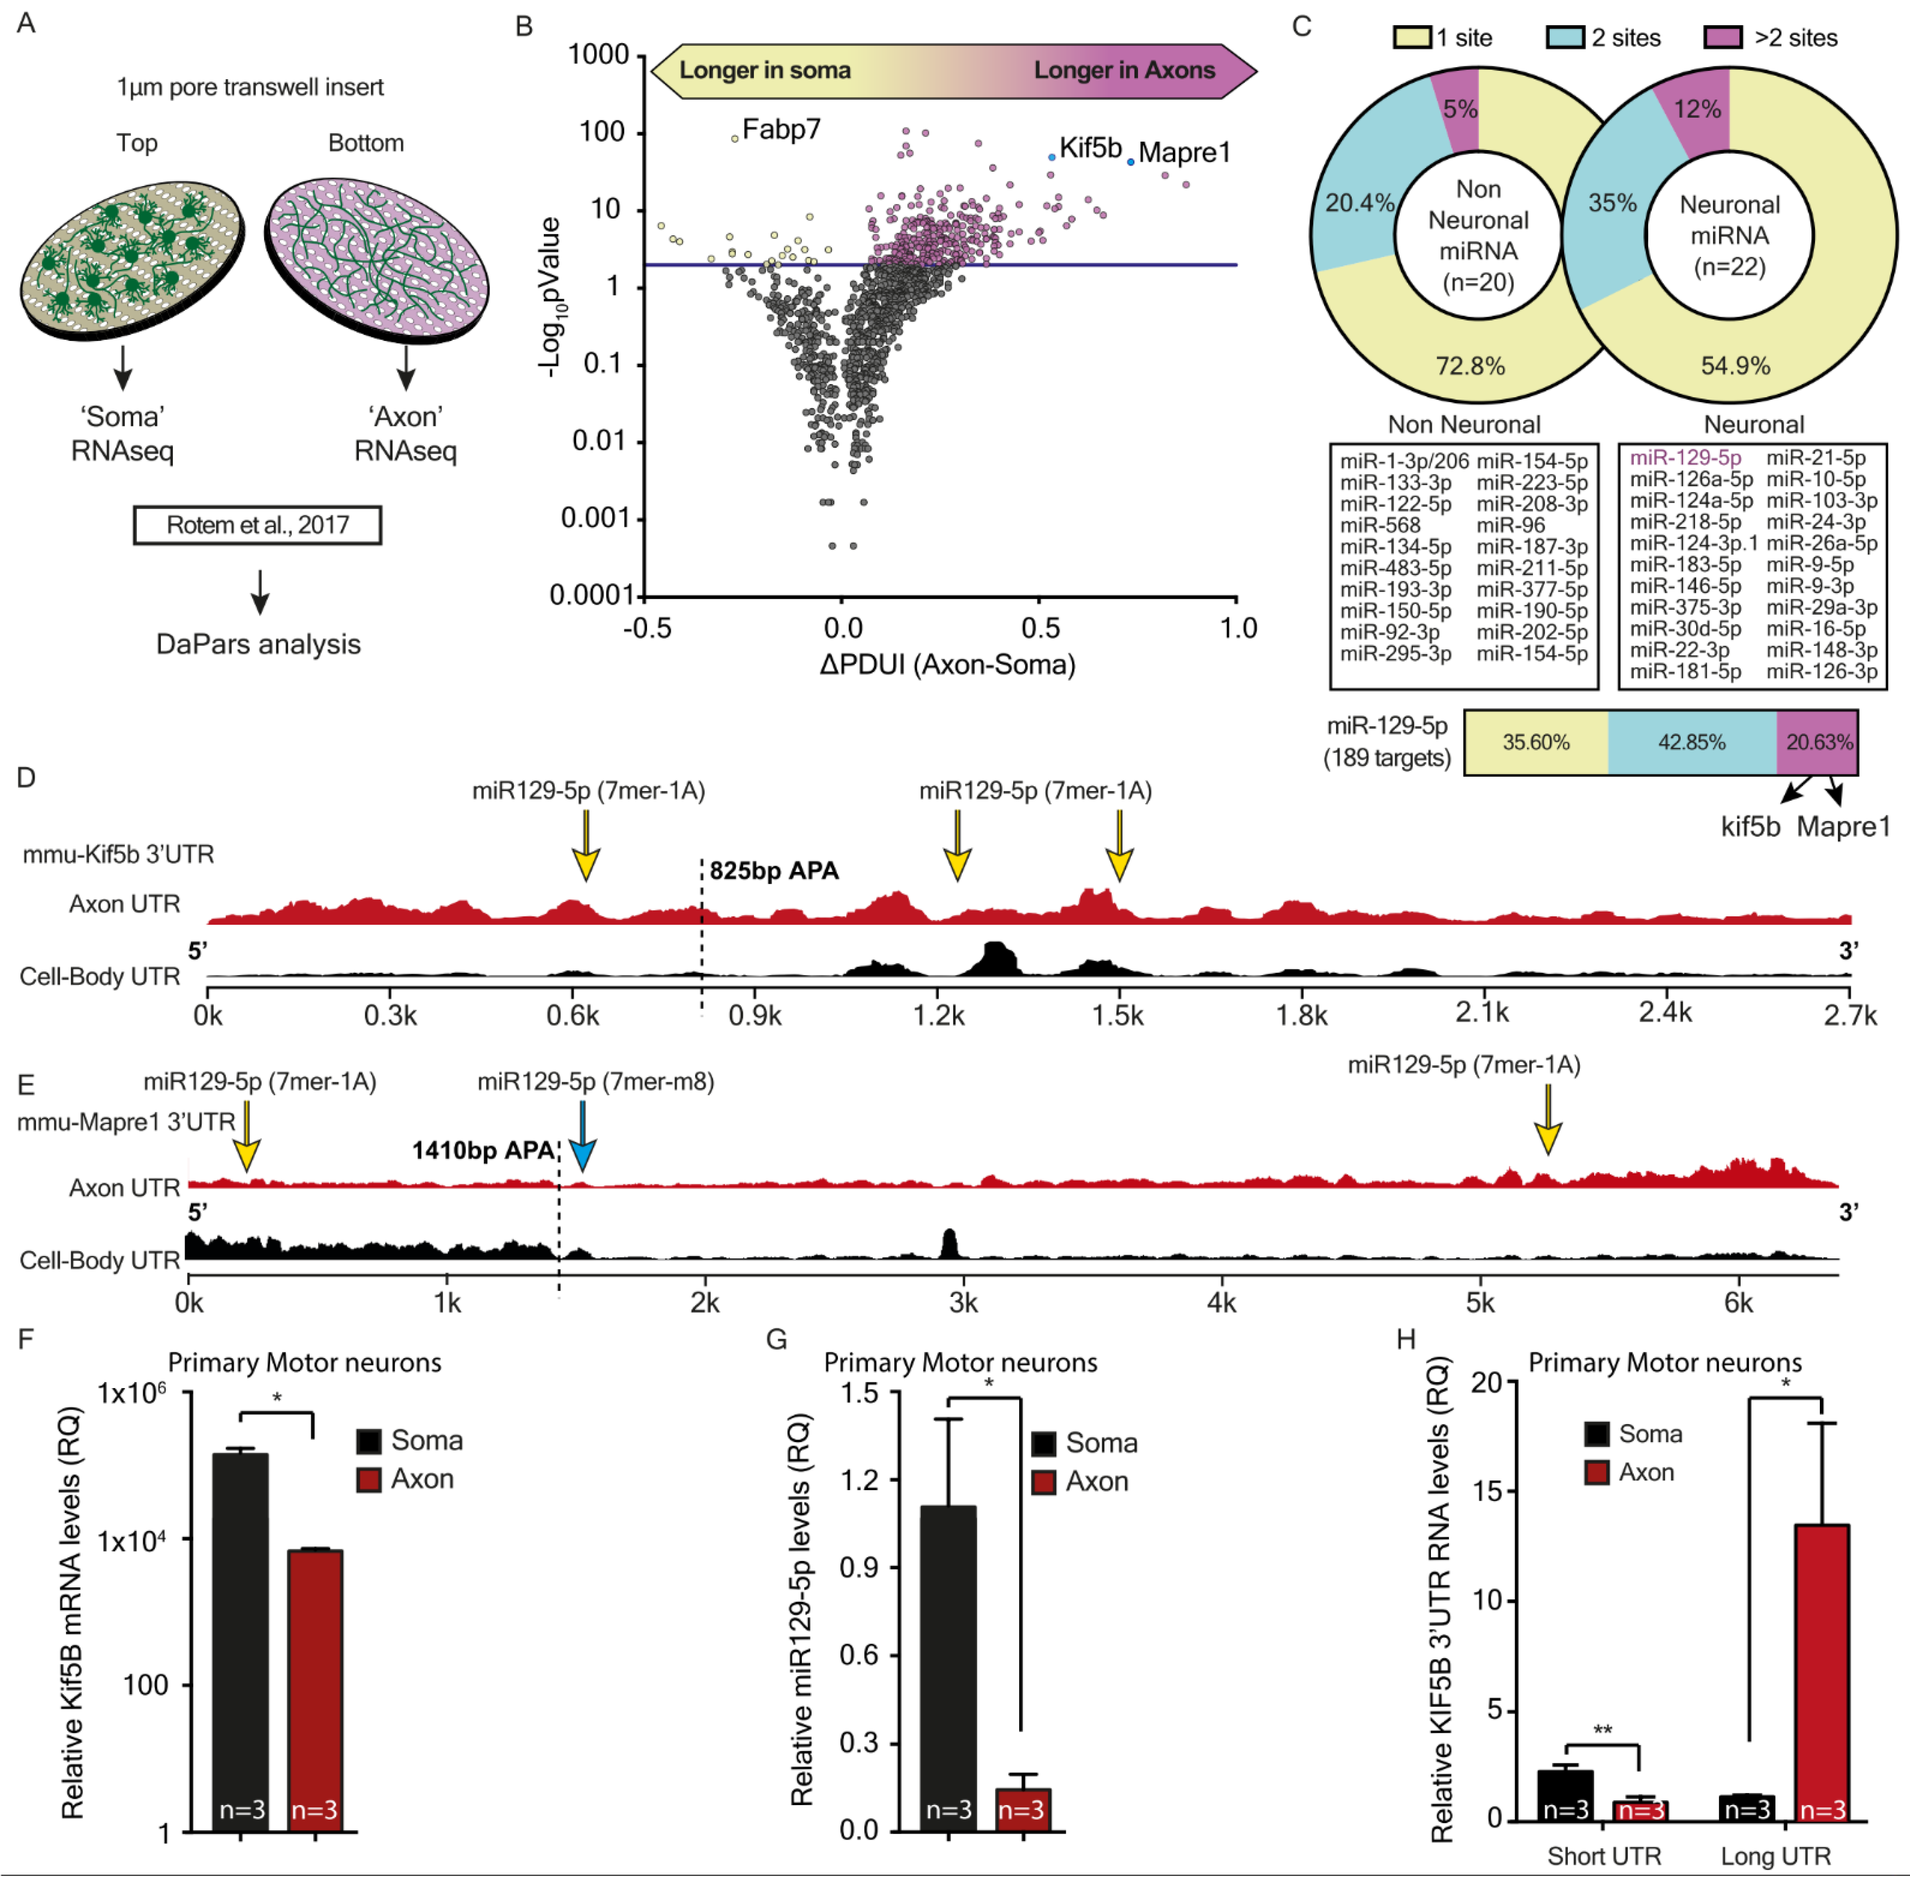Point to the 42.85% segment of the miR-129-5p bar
click(1691, 742)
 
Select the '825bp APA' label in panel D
click(773, 870)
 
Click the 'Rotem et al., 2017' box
click(257, 525)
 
